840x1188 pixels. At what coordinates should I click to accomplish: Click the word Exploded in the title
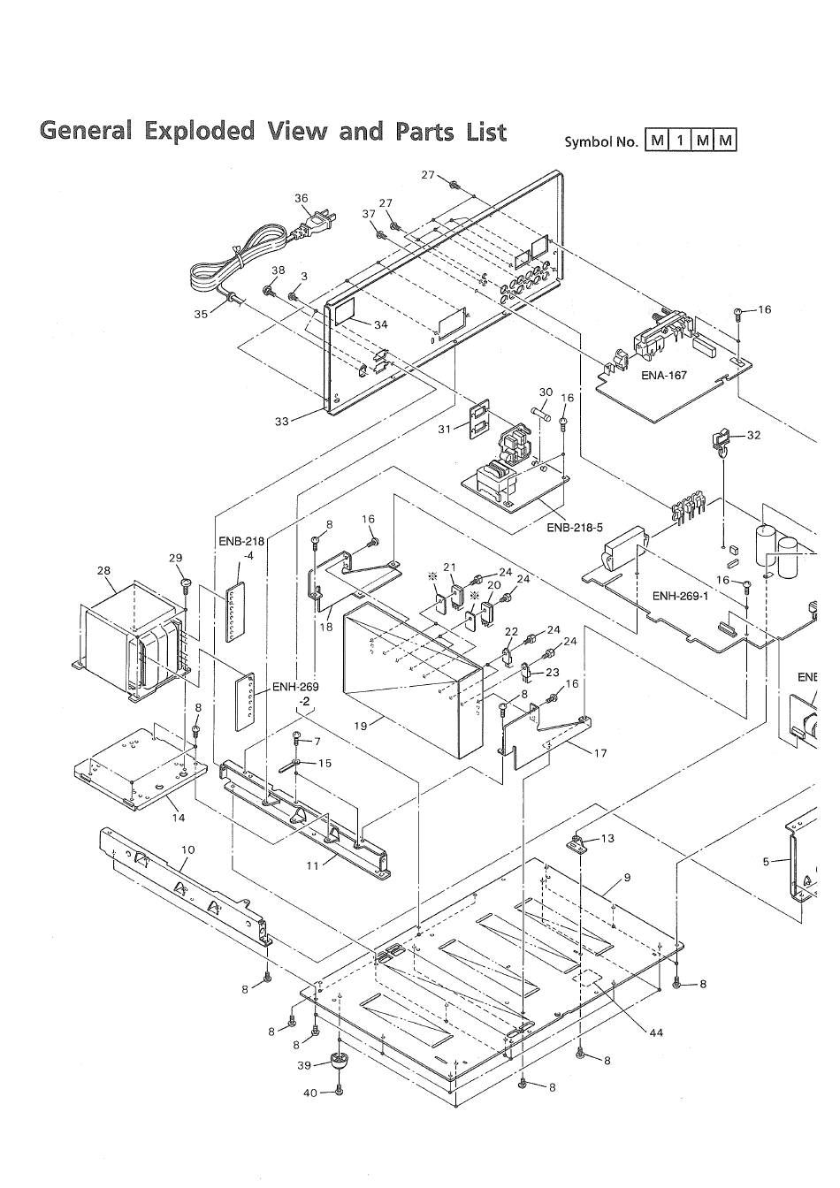coord(200,132)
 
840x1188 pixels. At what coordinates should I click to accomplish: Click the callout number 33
coord(282,421)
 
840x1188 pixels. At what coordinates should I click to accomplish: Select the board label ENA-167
coord(664,376)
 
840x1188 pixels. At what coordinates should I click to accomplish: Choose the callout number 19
coord(361,726)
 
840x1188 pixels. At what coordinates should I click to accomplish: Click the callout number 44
coord(656,1032)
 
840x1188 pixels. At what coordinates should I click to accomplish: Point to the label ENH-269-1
coord(680,596)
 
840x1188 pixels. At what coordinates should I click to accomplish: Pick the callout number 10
coord(187,849)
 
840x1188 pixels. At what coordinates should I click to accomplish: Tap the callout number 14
coord(179,818)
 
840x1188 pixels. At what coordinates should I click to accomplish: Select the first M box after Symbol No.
coord(656,141)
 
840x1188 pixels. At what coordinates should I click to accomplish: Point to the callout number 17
coord(600,752)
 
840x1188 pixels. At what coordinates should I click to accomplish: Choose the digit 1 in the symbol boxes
coord(680,141)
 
